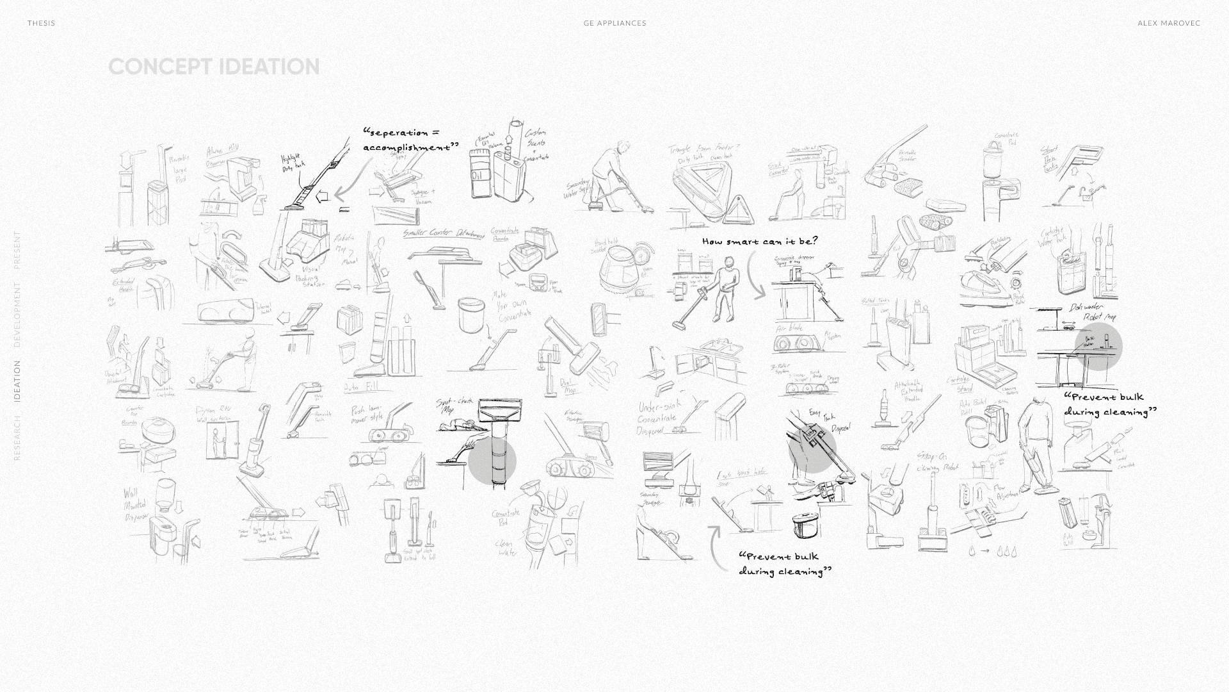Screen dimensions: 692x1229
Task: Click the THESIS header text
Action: pos(41,23)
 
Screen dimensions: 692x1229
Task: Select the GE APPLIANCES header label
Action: pos(614,23)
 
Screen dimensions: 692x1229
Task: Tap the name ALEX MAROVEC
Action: pos(1169,23)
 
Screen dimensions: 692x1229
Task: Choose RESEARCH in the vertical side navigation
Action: pos(17,438)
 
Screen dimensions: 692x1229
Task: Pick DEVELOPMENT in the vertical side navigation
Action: pos(17,315)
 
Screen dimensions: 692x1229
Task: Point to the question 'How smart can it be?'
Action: pos(760,242)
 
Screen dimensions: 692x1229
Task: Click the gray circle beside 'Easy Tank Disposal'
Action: pos(812,449)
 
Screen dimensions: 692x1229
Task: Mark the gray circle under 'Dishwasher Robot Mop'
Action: pos(1098,346)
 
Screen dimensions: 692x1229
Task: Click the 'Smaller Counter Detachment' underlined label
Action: pos(443,235)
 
